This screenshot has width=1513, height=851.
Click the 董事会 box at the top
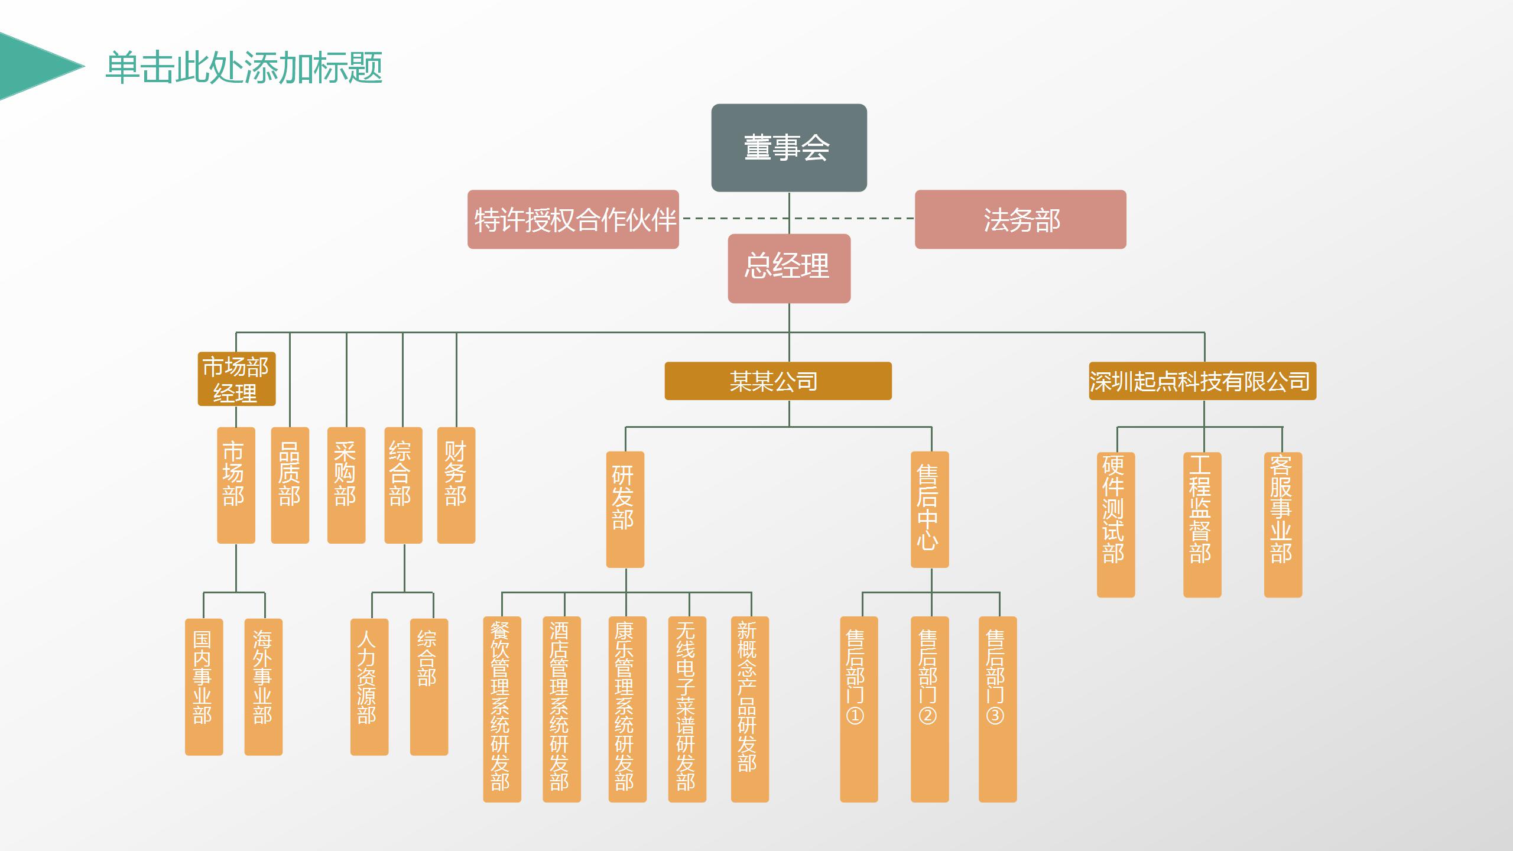point(789,148)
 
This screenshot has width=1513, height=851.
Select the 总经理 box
point(789,269)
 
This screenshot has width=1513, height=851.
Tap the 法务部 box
point(1020,219)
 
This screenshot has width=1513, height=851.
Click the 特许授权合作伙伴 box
point(573,219)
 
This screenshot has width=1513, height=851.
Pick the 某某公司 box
point(778,381)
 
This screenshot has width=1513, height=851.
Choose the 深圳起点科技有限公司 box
point(1202,381)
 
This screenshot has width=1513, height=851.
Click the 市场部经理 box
point(236,379)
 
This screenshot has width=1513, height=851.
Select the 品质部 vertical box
point(290,485)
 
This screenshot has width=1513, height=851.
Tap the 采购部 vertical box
point(346,485)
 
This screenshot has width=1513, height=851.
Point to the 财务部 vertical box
point(456,485)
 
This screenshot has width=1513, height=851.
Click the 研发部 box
point(625,509)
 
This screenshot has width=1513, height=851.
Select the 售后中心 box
point(930,509)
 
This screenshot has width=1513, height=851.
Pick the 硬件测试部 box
point(1116,524)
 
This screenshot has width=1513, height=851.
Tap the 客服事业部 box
point(1283,524)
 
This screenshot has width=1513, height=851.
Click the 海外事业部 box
point(264,687)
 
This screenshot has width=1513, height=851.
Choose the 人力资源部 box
point(369,687)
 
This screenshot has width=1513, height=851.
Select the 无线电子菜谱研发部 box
point(687,709)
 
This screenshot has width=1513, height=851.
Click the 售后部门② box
point(930,709)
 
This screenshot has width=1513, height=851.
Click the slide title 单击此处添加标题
point(244,67)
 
